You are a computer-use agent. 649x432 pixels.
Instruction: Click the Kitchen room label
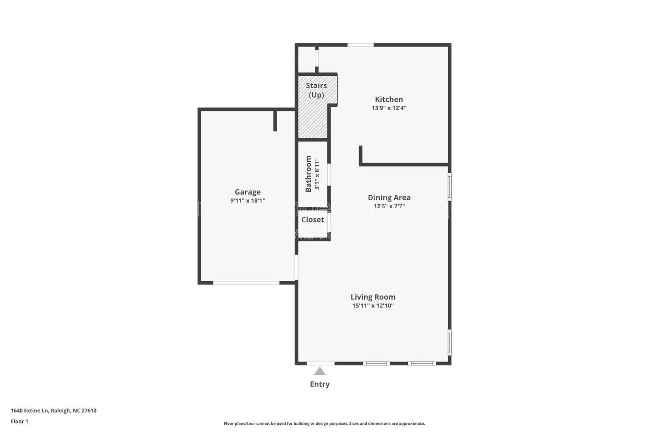pos(389,99)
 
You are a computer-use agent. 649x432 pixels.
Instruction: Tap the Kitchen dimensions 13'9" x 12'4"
pos(389,108)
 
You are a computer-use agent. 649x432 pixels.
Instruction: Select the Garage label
pos(247,192)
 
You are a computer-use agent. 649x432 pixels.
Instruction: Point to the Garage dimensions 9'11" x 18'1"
pos(247,201)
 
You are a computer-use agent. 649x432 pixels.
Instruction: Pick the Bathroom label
pos(309,174)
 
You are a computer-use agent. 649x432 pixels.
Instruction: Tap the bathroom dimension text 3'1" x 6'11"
pos(317,175)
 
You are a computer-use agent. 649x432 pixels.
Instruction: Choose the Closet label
pos(312,220)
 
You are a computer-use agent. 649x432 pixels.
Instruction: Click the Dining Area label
pos(389,198)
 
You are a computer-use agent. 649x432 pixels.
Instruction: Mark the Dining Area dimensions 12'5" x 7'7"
pos(389,206)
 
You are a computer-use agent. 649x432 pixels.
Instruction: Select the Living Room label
pos(373,297)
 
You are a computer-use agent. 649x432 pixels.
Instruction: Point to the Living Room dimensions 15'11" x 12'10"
pos(373,306)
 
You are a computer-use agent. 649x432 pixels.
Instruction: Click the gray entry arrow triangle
pos(320,371)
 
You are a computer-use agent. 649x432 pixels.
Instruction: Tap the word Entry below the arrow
pos(320,384)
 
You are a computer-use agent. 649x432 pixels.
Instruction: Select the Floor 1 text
pos(19,421)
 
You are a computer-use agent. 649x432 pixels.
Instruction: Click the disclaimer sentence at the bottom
pos(324,423)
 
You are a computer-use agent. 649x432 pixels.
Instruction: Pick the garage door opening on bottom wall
pos(246,282)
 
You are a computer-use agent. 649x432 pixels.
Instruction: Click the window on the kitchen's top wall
pos(360,45)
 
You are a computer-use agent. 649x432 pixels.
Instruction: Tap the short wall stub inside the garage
pos(275,120)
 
